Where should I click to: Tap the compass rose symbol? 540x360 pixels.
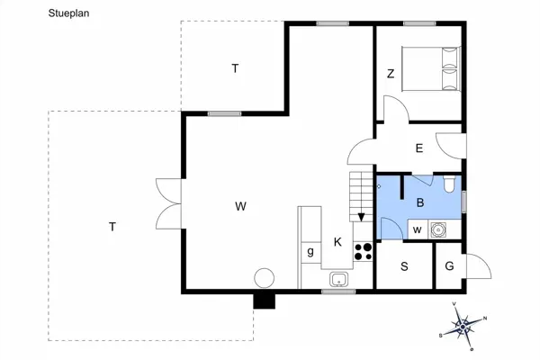465,325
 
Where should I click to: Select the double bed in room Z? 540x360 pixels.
428,67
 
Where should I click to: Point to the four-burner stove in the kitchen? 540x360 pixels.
364,251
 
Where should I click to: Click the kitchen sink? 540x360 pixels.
339,279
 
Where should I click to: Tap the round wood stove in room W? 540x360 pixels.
265,279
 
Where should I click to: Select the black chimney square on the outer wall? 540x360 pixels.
264,301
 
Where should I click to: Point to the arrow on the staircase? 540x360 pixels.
361,217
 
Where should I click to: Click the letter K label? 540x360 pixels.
337,242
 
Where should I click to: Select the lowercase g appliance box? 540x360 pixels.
310,251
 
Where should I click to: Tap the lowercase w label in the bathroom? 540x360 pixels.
416,230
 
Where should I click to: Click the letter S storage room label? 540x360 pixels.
404,266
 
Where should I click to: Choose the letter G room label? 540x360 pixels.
448,266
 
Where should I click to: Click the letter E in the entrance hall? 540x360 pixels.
419,149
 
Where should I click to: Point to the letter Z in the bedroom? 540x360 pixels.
391,75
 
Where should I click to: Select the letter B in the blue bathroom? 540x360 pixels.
419,203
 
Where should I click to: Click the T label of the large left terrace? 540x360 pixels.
112,227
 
